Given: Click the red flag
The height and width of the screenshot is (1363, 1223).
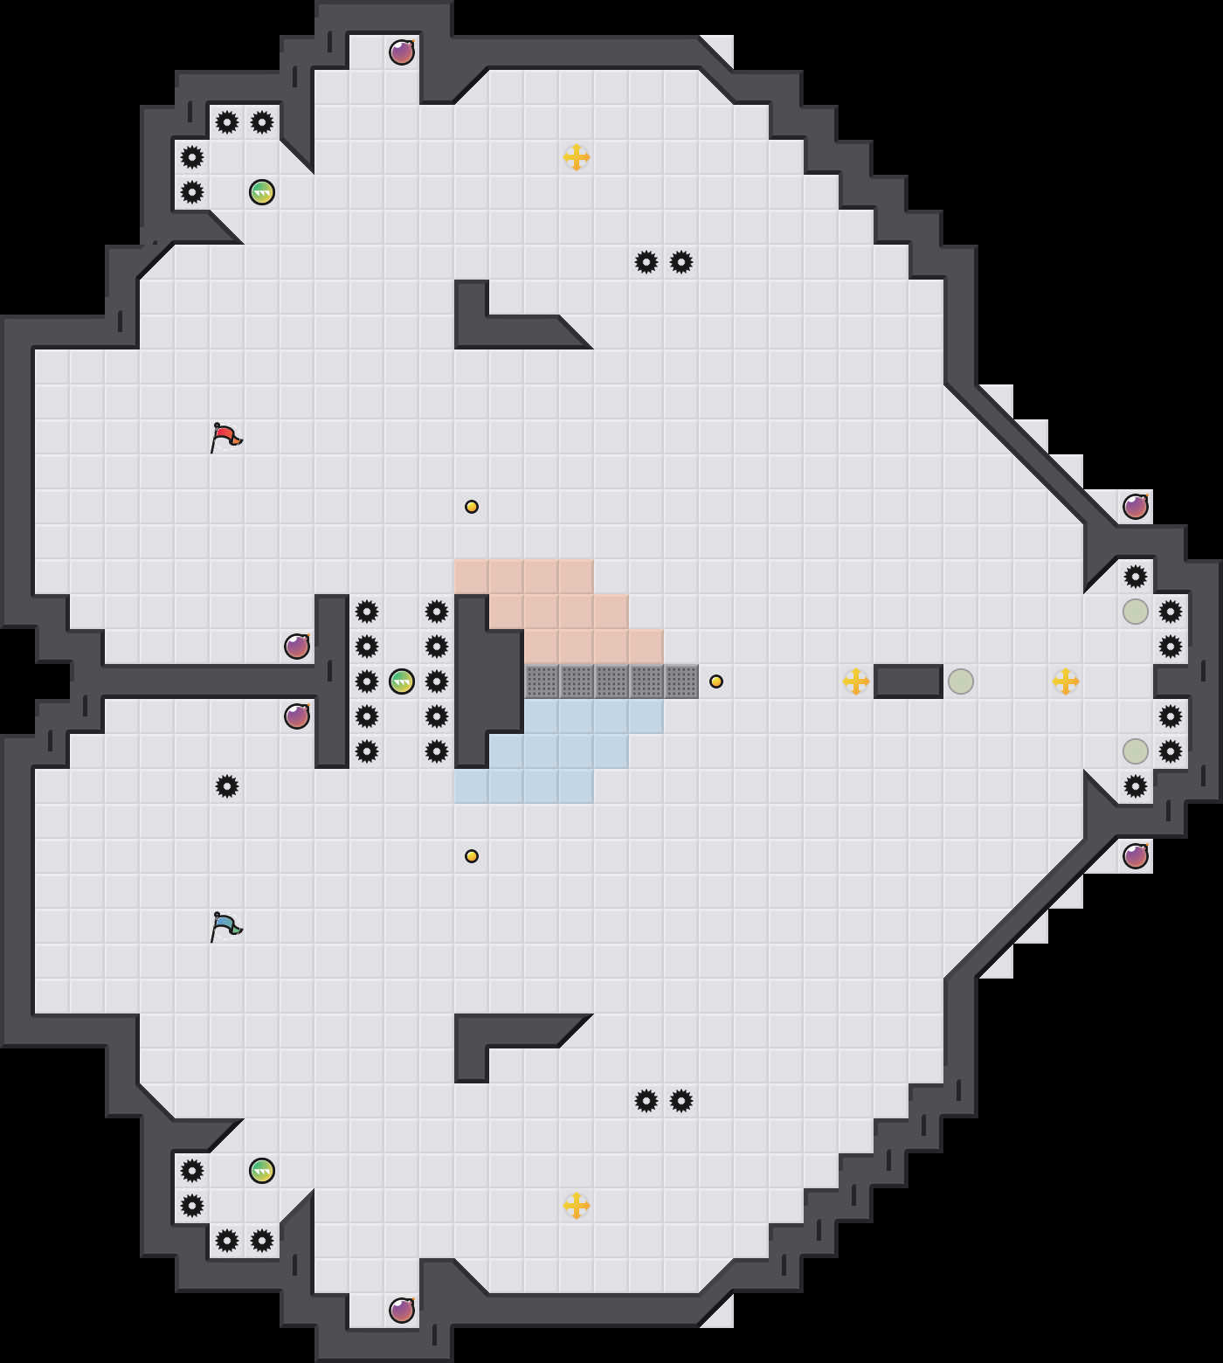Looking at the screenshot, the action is (225, 437).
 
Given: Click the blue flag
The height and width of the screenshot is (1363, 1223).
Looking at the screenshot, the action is (225, 926).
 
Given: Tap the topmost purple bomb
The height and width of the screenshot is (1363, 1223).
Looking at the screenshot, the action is (402, 52).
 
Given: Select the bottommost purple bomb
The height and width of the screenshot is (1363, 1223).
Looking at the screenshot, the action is (402, 1311).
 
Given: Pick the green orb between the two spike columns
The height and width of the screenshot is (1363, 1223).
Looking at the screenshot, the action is (402, 681).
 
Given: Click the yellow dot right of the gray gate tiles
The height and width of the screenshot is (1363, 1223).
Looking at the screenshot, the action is (716, 681).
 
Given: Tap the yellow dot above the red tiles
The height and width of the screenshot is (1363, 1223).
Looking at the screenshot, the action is (472, 507).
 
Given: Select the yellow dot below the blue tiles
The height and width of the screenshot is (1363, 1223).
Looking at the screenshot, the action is (472, 856).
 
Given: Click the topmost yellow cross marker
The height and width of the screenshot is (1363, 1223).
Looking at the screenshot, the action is (577, 157).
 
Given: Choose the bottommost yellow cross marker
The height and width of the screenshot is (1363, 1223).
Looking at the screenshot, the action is (577, 1206).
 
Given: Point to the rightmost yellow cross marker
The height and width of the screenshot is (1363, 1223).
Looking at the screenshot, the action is (1066, 681).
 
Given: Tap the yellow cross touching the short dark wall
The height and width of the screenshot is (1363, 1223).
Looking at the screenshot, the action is (856, 681).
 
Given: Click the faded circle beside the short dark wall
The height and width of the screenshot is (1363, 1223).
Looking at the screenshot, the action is (961, 681).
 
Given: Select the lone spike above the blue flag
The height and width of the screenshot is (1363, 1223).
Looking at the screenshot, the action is (227, 786).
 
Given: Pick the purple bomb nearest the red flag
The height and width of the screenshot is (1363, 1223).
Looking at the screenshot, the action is (297, 647).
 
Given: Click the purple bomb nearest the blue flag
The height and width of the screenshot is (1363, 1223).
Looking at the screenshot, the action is (297, 716).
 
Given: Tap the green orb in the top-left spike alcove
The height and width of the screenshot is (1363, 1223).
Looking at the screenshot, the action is (262, 192).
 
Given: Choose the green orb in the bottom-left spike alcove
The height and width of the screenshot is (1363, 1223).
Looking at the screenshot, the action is (262, 1171).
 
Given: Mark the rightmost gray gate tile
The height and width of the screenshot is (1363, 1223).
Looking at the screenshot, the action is (681, 681).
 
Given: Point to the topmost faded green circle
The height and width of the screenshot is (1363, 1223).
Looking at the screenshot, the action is (1136, 612).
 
